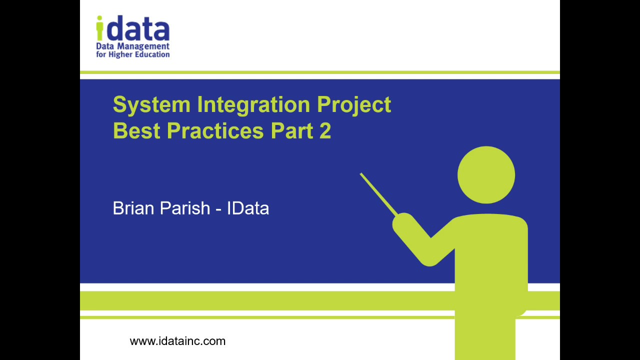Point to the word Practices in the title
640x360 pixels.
[x=215, y=130]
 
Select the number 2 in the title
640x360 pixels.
[x=324, y=130]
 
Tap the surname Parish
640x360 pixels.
[x=185, y=208]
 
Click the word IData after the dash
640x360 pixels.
[x=248, y=208]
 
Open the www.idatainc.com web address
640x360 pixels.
[x=177, y=341]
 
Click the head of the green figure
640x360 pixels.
[x=486, y=175]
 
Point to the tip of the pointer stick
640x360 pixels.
[x=361, y=174]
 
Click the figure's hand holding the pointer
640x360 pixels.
[x=403, y=222]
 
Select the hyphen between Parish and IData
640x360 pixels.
[x=218, y=209]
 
